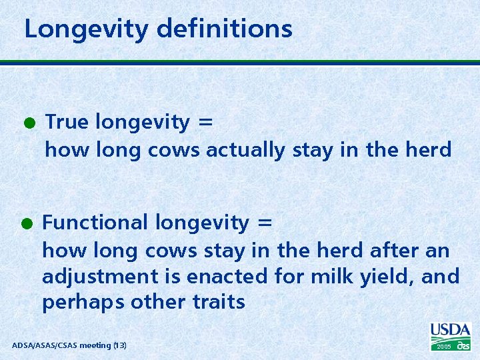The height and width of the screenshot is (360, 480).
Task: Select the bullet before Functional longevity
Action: tap(29, 223)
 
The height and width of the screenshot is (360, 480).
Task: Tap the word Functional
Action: tap(95, 222)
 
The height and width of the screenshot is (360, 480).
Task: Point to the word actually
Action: tap(246, 151)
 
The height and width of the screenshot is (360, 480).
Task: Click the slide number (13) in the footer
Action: tap(119, 345)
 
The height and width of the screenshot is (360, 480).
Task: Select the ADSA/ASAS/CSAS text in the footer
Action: tap(44, 345)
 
